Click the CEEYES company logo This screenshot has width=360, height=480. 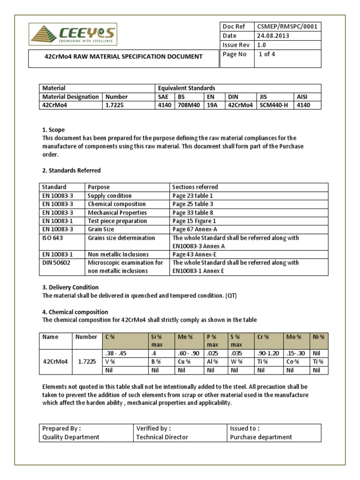tap(73, 35)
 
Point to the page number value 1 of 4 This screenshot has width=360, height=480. tap(267, 54)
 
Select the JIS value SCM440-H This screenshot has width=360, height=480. tap(274, 105)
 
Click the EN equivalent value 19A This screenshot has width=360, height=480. tap(213, 105)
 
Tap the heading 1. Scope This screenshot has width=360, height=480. tap(53, 129)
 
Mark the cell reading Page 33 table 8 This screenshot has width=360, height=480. tap(192, 213)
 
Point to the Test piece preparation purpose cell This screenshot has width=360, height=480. tap(117, 221)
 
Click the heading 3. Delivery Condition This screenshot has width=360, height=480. tap(70, 287)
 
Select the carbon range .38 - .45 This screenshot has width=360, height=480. tap(117, 353)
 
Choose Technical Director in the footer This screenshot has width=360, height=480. tap(162, 437)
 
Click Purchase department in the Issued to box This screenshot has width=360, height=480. tap(261, 437)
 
